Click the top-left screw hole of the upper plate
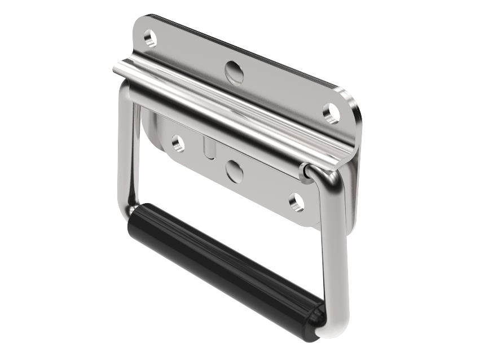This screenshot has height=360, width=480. [x=150, y=38]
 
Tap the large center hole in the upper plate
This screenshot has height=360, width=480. [x=234, y=72]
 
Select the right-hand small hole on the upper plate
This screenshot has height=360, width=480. [x=331, y=112]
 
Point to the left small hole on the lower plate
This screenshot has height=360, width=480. [x=178, y=143]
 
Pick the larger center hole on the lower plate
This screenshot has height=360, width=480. [x=235, y=170]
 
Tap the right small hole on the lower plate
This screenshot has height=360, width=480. [x=296, y=202]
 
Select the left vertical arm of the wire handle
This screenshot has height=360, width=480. [x=125, y=152]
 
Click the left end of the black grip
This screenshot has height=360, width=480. [x=135, y=217]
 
